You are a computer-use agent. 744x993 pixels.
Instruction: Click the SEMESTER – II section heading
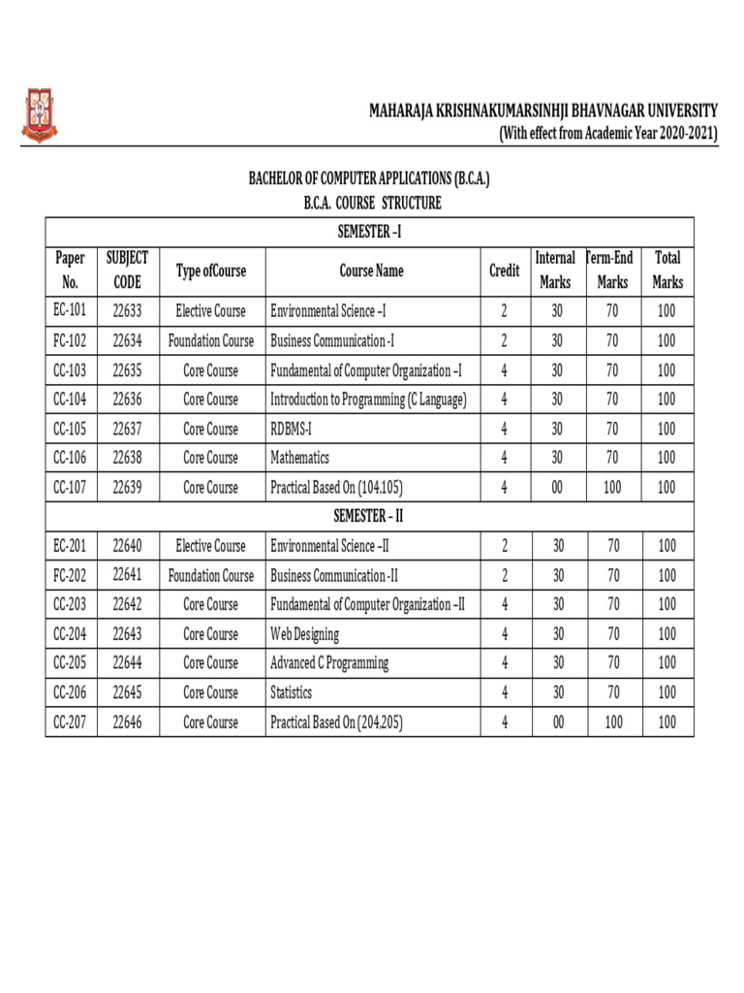click(369, 516)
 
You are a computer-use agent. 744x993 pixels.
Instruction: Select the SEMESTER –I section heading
click(369, 232)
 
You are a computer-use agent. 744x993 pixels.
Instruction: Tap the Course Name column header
click(372, 271)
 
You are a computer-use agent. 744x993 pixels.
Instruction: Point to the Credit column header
click(504, 271)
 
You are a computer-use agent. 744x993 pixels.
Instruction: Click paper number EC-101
click(71, 311)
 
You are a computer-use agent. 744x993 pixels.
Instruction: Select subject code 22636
click(128, 400)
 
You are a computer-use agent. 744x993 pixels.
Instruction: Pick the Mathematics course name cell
click(300, 458)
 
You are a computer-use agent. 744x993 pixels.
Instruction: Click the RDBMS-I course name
click(292, 429)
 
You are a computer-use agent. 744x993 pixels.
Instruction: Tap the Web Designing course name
click(305, 634)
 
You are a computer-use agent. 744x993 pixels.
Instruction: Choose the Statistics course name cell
click(292, 692)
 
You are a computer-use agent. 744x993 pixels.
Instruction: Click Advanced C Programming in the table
click(329, 663)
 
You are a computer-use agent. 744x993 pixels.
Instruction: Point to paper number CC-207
click(71, 722)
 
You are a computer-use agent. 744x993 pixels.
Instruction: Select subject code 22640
click(128, 546)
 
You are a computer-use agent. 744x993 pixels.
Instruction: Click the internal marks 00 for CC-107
click(557, 488)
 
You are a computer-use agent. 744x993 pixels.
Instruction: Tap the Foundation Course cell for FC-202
click(211, 575)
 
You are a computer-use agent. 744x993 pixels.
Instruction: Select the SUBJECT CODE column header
click(128, 270)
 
